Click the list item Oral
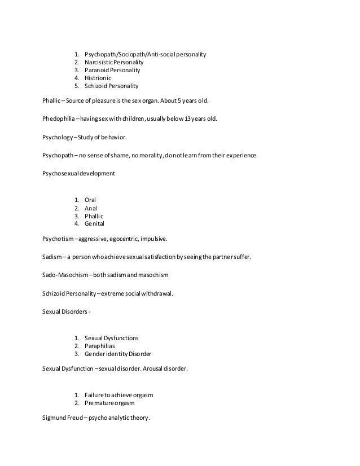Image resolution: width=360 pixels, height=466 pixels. [x=90, y=200]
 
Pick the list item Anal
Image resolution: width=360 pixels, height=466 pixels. [x=91, y=208]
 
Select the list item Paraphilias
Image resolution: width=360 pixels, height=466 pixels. [x=101, y=346]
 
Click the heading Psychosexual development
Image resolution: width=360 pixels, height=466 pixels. [x=78, y=173]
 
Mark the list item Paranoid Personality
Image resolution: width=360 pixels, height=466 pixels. [x=112, y=71]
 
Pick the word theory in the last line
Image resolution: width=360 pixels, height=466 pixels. [x=139, y=417]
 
